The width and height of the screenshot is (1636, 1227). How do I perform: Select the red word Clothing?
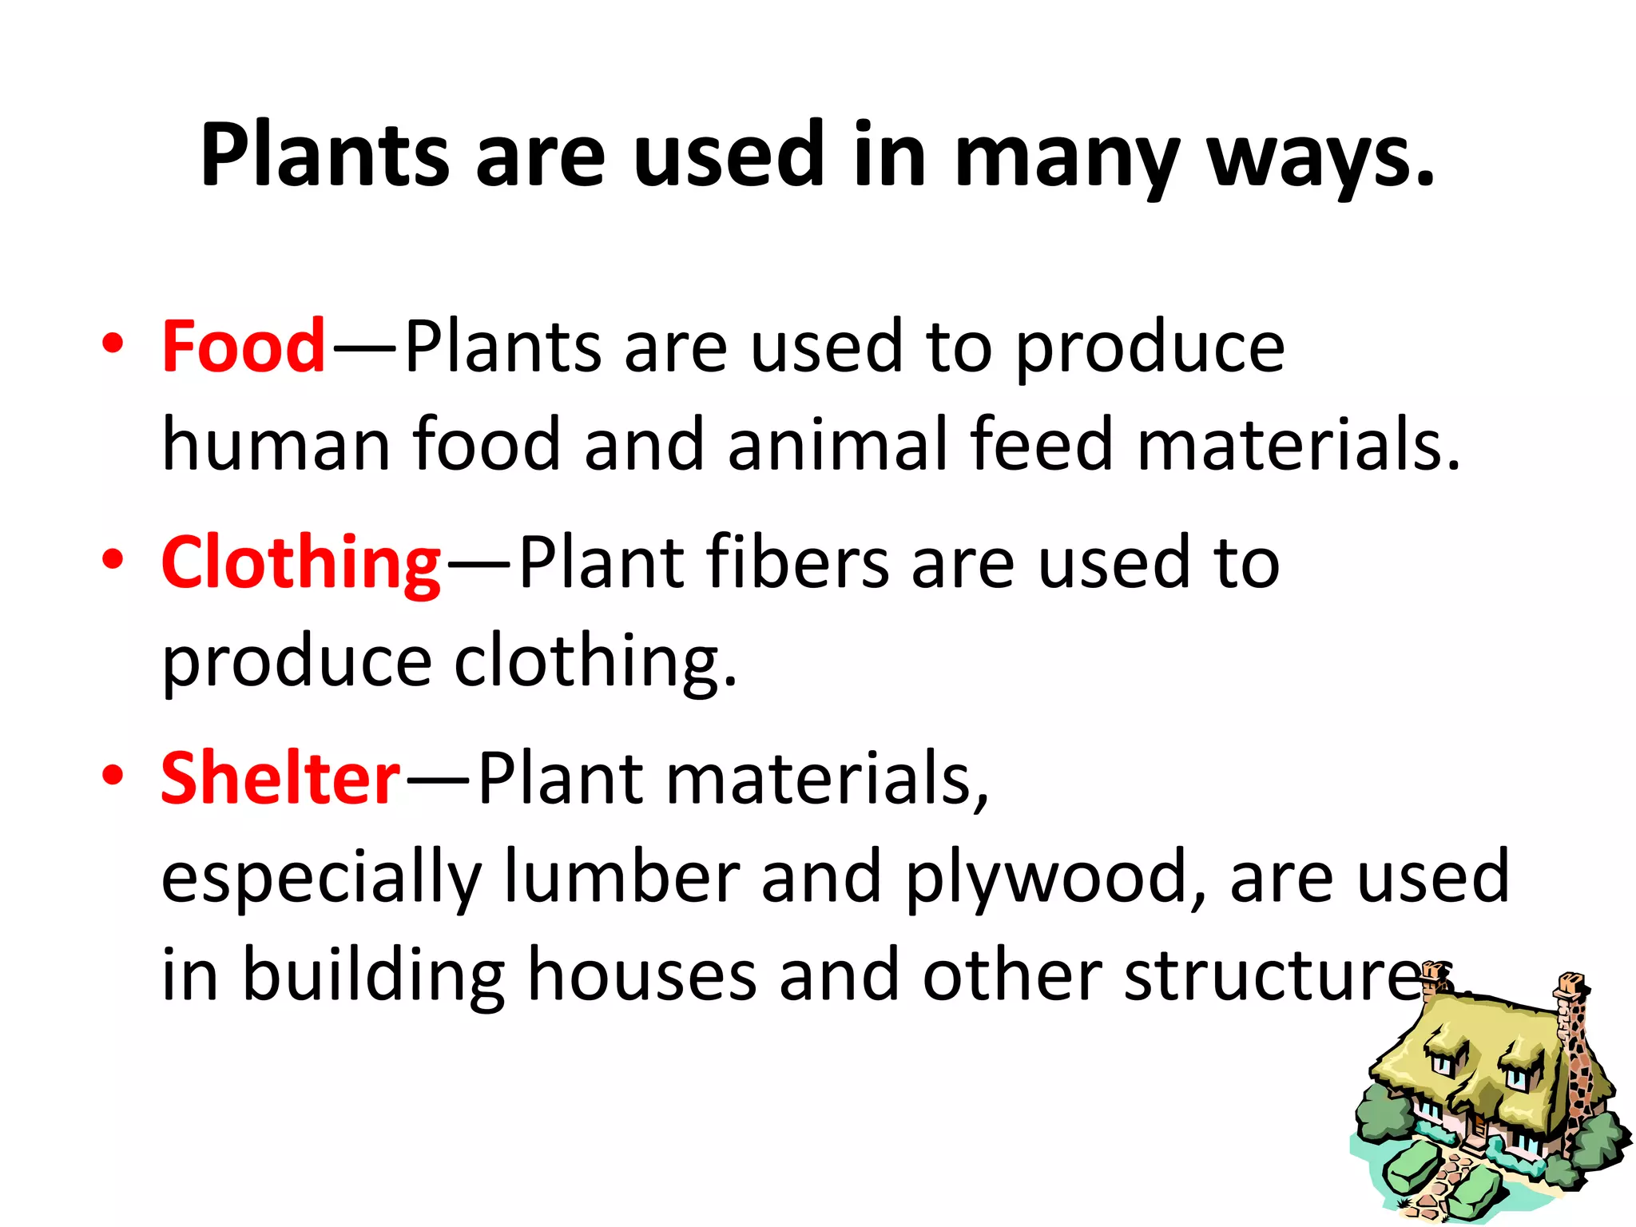click(300, 563)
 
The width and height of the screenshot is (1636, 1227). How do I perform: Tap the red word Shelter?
click(280, 779)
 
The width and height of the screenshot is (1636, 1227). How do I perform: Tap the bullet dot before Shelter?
click(113, 775)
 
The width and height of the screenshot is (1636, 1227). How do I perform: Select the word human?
click(276, 445)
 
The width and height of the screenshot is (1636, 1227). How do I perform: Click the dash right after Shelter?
click(438, 779)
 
